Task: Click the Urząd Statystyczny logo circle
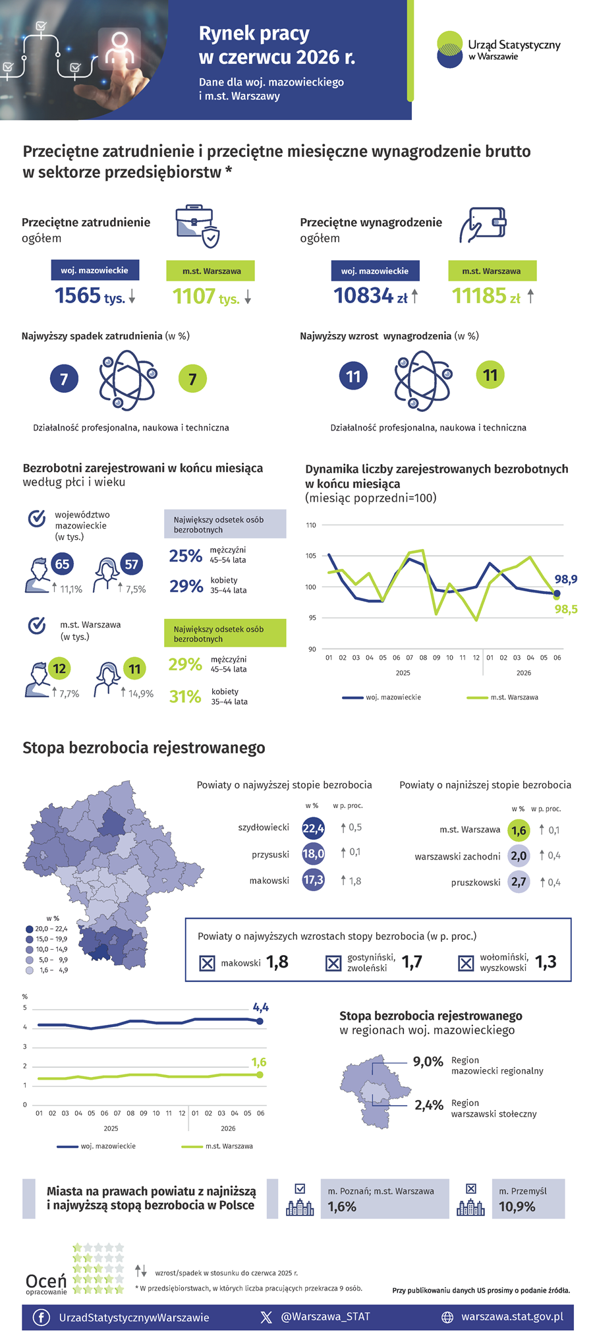(x=450, y=49)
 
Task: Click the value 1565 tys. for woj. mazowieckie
(x=90, y=296)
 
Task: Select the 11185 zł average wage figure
(x=486, y=296)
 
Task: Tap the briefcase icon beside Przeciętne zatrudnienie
(x=198, y=226)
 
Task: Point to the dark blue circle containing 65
(x=62, y=564)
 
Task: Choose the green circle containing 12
(x=59, y=668)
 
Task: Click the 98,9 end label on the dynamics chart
(x=565, y=579)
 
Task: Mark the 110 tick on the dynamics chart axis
(x=311, y=525)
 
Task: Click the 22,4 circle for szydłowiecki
(x=313, y=829)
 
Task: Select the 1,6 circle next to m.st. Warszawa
(x=519, y=830)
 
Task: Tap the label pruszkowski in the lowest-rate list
(x=476, y=883)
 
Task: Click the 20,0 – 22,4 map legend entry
(x=47, y=929)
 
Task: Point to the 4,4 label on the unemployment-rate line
(x=261, y=1007)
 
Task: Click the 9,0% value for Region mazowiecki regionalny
(x=428, y=1062)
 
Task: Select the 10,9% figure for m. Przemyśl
(x=517, y=1207)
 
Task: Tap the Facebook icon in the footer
(x=41, y=1317)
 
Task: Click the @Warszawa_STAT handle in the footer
(x=325, y=1316)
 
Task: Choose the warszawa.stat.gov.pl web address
(x=512, y=1316)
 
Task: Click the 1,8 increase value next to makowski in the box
(x=277, y=962)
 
